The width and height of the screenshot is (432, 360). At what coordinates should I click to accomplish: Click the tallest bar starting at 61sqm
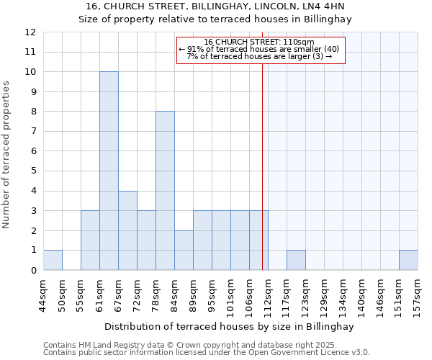[x=109, y=171]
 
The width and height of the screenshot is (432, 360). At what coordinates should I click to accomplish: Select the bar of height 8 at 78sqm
[x=165, y=191]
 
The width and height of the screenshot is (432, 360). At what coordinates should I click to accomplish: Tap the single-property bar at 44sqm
[x=53, y=260]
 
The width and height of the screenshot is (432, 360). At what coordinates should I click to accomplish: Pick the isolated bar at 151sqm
[x=408, y=260]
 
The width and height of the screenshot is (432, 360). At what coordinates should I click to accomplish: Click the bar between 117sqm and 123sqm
[x=296, y=260]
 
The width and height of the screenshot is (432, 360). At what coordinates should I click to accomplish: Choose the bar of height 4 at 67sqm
[x=127, y=230]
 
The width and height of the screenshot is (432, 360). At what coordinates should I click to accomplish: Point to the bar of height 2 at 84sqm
[x=184, y=250]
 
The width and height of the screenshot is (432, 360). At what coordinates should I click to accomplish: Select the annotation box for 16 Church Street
[x=261, y=50]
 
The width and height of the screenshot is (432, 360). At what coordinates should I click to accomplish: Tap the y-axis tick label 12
[x=30, y=32]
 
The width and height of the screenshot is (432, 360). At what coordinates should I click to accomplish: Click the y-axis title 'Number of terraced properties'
[x=7, y=154]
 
